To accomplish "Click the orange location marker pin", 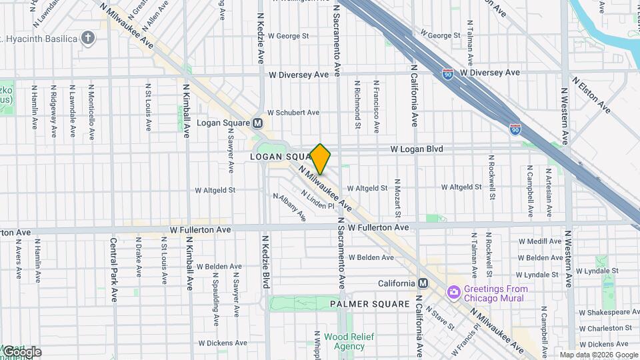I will pos(321,159).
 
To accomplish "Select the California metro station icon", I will pos(421,283).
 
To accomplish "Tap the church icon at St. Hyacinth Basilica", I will pos(87,37).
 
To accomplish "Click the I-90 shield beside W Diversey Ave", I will pos(448,73).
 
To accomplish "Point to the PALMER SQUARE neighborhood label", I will pos(370,304).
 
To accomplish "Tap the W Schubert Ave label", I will pos(293,113).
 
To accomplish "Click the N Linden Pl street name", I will pos(317,200).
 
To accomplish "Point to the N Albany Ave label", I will pos(289,207).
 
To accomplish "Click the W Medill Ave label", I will pos(540,241).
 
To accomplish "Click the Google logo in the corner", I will pos(21,351).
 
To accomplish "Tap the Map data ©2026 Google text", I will pos(598,355).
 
